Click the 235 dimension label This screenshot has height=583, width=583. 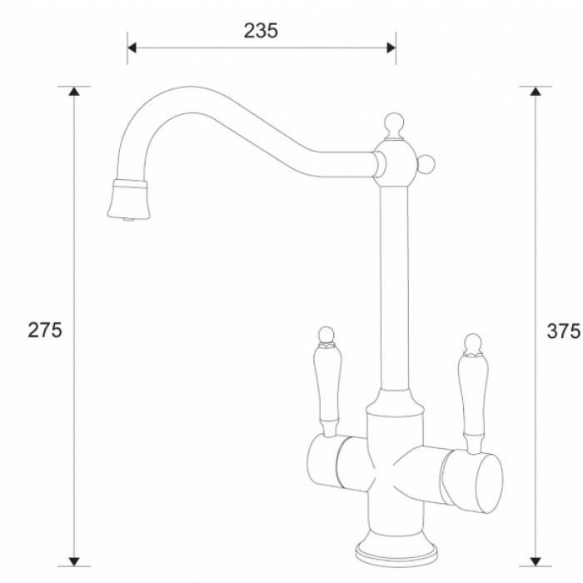click(x=261, y=30)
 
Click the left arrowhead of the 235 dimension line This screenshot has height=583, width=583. click(x=132, y=47)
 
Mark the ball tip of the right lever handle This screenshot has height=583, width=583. click(x=472, y=341)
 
